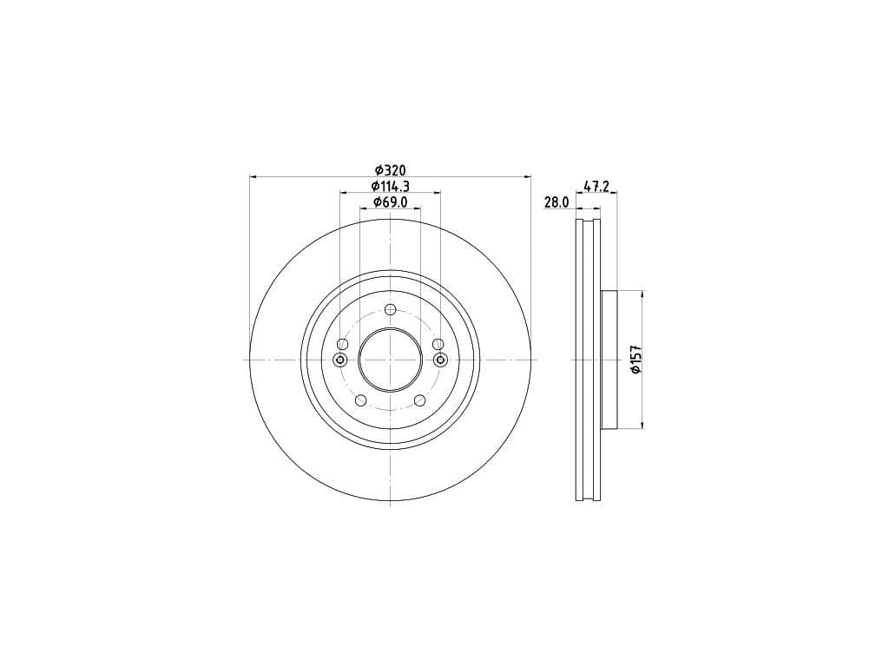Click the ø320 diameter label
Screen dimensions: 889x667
(x=390, y=169)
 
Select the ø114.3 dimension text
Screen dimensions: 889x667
(x=390, y=186)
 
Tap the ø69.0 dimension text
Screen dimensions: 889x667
(x=390, y=201)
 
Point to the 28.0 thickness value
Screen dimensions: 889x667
(x=556, y=201)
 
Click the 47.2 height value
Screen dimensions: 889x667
(x=596, y=186)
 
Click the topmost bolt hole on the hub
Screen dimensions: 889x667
(x=390, y=309)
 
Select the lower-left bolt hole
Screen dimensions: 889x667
(x=360, y=400)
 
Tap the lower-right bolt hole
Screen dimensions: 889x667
(x=419, y=400)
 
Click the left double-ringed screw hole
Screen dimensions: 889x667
(x=339, y=360)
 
